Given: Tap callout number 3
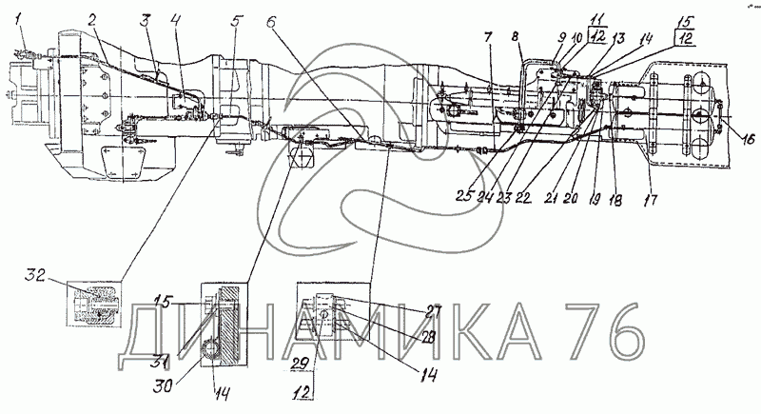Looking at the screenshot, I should click(x=144, y=19).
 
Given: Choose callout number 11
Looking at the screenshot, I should click(x=595, y=19).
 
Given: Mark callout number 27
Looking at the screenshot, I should click(x=434, y=309).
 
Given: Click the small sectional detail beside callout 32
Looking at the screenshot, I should click(x=93, y=306).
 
